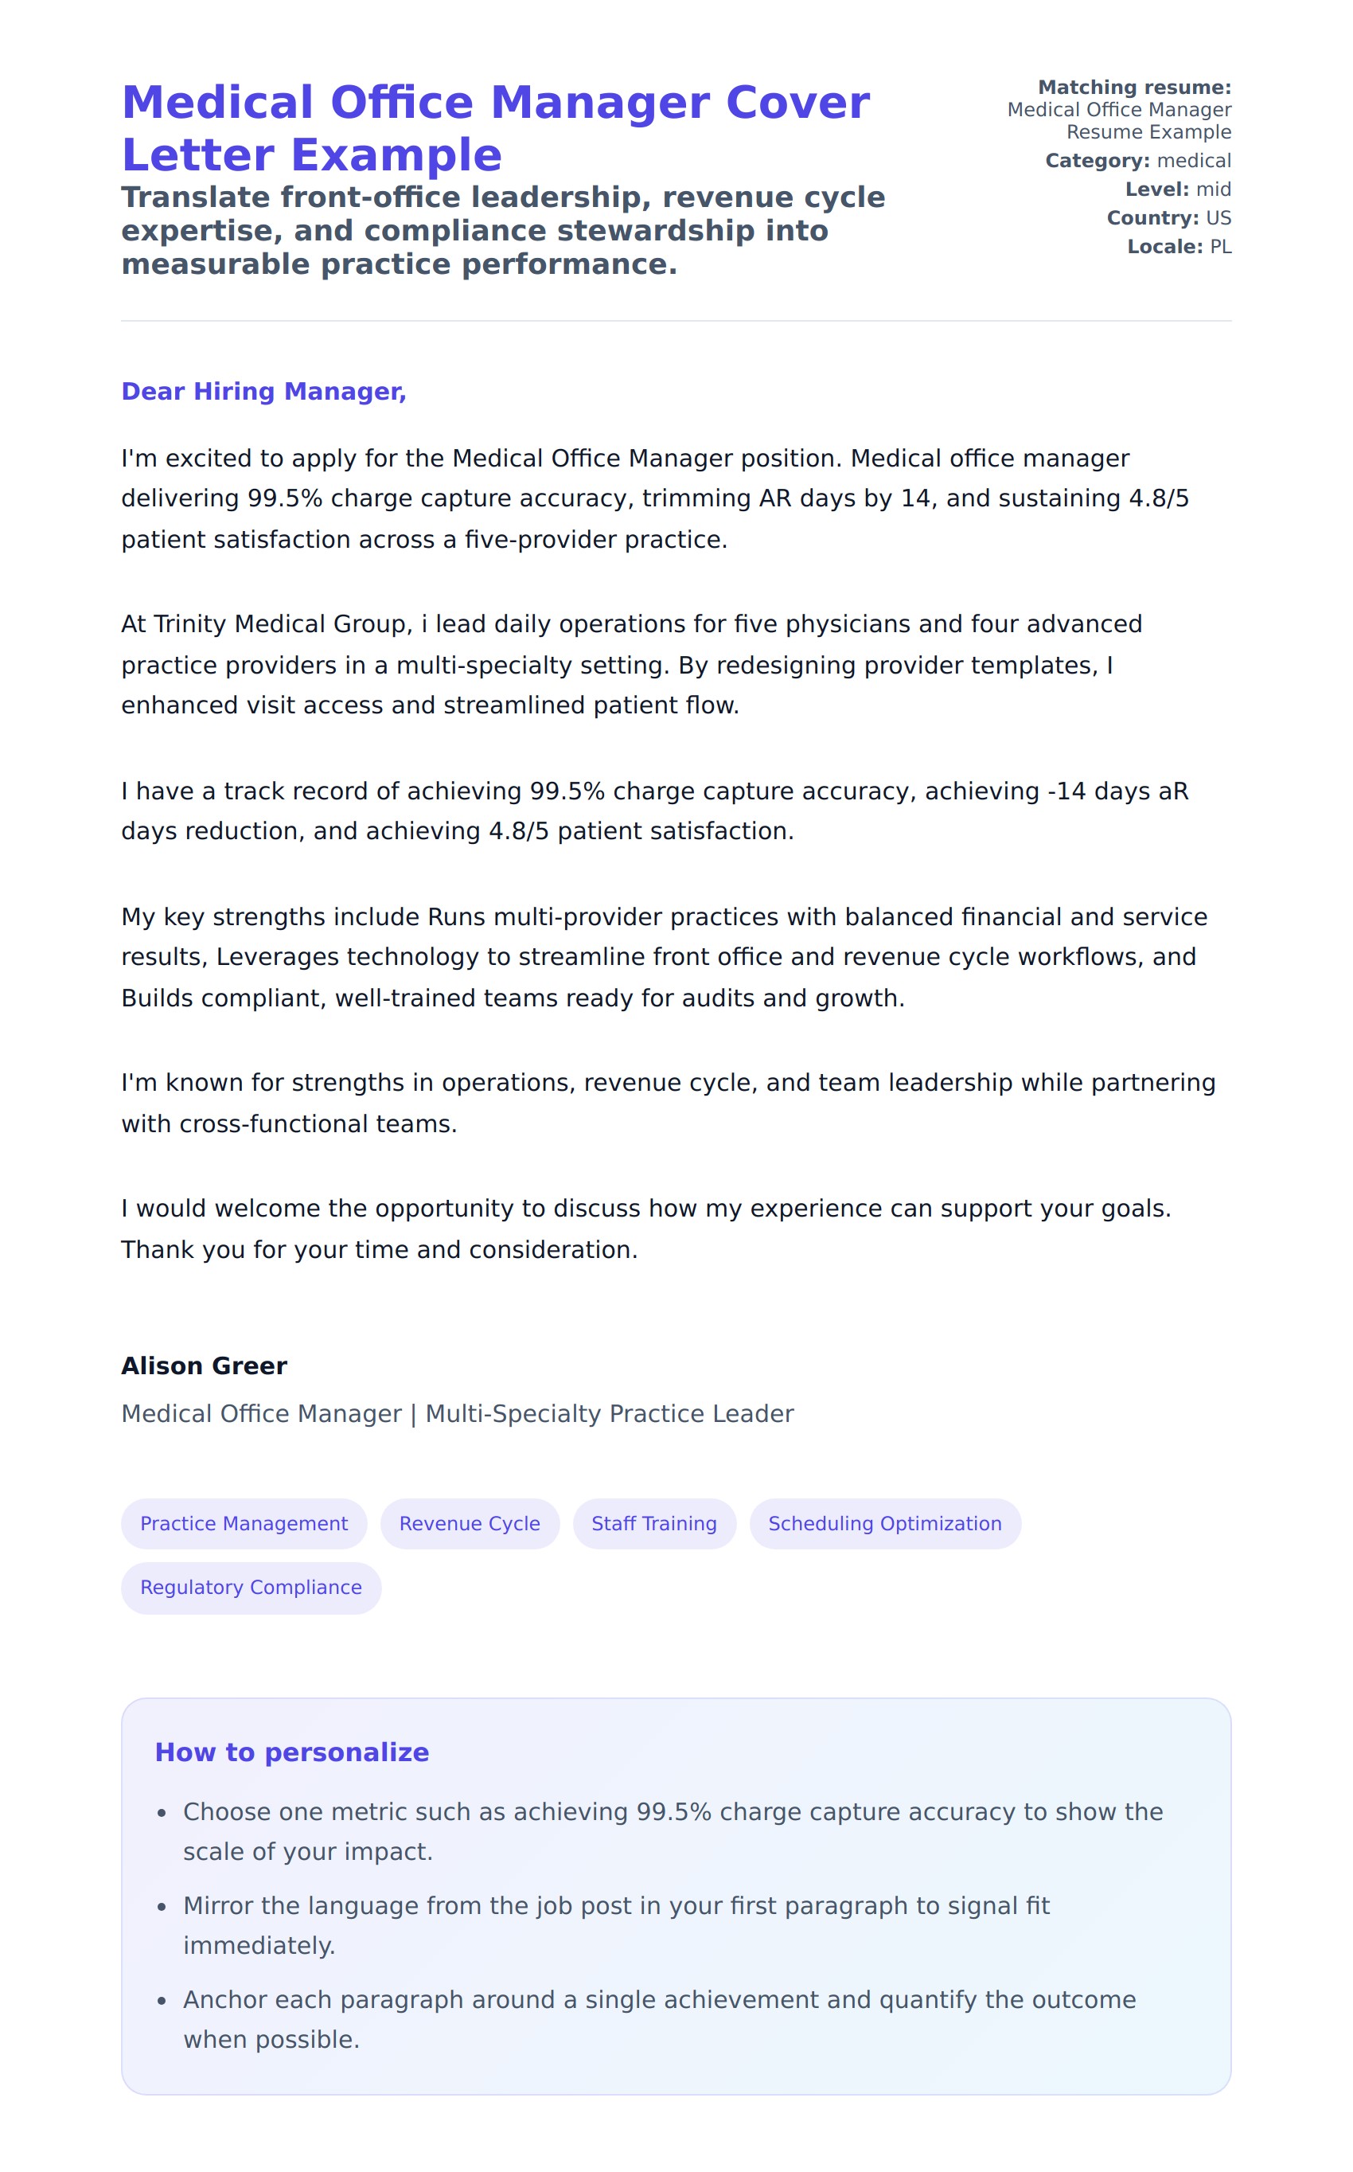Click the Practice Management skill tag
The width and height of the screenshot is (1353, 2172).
click(244, 1523)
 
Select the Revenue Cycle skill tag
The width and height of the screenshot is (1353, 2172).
click(469, 1523)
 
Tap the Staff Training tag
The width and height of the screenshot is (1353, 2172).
click(654, 1523)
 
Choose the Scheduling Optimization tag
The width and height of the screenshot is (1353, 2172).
click(884, 1523)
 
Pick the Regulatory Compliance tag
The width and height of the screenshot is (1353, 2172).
click(251, 1587)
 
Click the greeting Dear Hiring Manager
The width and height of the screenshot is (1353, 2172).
click(263, 391)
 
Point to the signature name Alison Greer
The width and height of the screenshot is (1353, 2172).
click(204, 1365)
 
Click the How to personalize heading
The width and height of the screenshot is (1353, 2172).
click(292, 1752)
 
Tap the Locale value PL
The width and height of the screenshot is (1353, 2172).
click(1221, 247)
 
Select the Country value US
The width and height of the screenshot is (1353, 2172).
click(1218, 218)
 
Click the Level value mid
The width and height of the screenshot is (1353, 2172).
click(1214, 189)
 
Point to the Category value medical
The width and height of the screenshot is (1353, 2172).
click(1194, 161)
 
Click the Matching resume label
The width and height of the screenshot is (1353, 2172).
click(1134, 88)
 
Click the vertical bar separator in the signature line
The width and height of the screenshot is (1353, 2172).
click(413, 1414)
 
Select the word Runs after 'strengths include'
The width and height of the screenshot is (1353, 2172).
click(456, 917)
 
